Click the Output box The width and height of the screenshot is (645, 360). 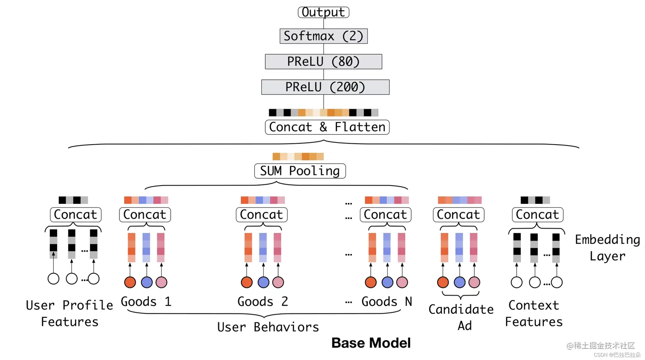point(323,12)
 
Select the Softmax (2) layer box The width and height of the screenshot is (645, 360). point(324,36)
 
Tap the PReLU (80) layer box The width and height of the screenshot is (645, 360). point(324,61)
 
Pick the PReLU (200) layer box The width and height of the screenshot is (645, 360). point(325,87)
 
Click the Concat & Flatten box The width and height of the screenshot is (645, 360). point(327,127)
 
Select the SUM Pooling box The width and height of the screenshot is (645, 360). point(300,171)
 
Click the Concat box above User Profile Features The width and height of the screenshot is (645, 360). point(76,215)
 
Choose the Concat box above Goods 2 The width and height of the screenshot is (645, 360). point(261,215)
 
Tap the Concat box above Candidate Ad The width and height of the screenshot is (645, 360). point(459,215)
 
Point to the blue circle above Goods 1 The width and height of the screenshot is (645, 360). point(147,282)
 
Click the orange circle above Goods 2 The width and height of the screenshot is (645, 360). point(247,282)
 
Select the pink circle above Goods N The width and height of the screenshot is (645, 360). point(402,282)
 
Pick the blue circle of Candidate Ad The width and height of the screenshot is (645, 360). point(459,282)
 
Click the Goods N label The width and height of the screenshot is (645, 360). point(387,302)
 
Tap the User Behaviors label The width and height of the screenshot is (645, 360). point(268,327)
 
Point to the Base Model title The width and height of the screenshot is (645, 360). point(371,343)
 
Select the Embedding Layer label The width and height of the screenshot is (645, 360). point(607,248)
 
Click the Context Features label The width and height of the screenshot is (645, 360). point(534,314)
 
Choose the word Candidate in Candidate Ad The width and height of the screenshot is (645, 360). point(461,309)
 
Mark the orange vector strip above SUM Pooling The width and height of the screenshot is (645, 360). point(298,157)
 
